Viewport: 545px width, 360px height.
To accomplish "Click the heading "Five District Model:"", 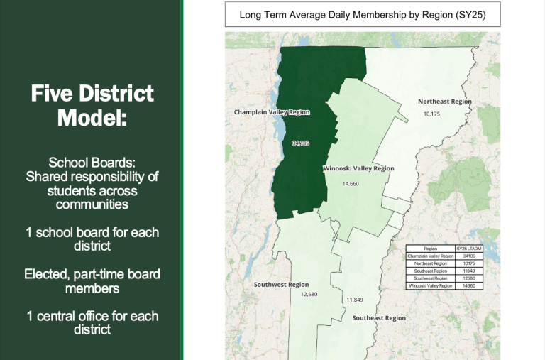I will tap(92, 104).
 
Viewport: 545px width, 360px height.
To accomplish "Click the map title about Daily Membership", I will tap(362, 14).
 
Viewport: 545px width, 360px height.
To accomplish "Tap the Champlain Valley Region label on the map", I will tap(272, 112).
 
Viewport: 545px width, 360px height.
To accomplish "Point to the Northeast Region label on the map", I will tap(444, 102).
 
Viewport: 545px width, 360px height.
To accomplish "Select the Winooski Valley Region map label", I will tap(358, 169).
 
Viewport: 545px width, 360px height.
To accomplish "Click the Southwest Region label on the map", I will tap(281, 285).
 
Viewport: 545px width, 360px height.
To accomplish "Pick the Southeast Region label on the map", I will tap(379, 318).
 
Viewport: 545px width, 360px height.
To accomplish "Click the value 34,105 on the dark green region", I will tap(301, 143).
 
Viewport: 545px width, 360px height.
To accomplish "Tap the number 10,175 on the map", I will tap(431, 114).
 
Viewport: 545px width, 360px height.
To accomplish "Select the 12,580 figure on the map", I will tap(309, 294).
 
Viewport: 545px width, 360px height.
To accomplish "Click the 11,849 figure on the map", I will tap(355, 300).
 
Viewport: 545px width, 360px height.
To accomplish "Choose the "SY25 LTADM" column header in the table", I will tap(468, 249).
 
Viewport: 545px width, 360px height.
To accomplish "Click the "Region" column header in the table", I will tap(430, 249).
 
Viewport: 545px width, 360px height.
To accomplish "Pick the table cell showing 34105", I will tap(468, 256).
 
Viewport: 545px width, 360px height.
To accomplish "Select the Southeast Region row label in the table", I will tap(430, 271).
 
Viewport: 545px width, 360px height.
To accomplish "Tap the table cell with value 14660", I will tap(468, 285).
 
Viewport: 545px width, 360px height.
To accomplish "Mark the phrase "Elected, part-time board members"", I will tap(92, 281).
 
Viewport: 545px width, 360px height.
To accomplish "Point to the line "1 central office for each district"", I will tap(92, 323).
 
